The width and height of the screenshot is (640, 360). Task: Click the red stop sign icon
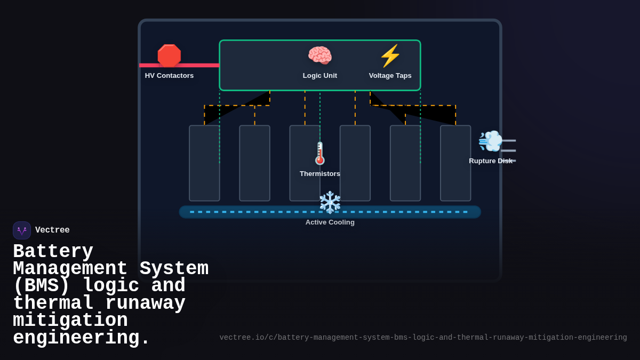tap(169, 56)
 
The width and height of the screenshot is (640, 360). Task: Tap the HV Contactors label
tap(169, 76)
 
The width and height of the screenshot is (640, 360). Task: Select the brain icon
tap(320, 56)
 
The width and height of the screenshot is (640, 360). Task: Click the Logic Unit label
tap(320, 76)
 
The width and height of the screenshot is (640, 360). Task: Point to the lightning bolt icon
tap(390, 56)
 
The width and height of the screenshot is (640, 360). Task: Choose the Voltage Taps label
tap(390, 76)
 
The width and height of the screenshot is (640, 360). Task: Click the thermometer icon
tap(320, 153)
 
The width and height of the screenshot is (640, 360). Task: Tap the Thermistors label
tap(320, 174)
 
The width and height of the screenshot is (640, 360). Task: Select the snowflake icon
tap(330, 203)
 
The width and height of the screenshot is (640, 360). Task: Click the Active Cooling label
tap(330, 222)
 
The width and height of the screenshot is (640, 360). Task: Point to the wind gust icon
tap(491, 141)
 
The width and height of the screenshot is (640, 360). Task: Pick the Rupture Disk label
tap(490, 161)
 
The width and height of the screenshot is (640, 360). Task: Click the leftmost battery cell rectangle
tap(204, 163)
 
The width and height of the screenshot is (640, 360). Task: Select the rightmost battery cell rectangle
tap(455, 163)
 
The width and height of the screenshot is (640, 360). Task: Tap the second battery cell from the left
tap(254, 163)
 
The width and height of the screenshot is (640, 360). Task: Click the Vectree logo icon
tap(22, 230)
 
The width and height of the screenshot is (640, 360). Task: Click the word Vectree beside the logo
tap(52, 230)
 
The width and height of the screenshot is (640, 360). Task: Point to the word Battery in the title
tap(53, 252)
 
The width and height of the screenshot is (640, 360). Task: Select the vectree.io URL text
tap(423, 338)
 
